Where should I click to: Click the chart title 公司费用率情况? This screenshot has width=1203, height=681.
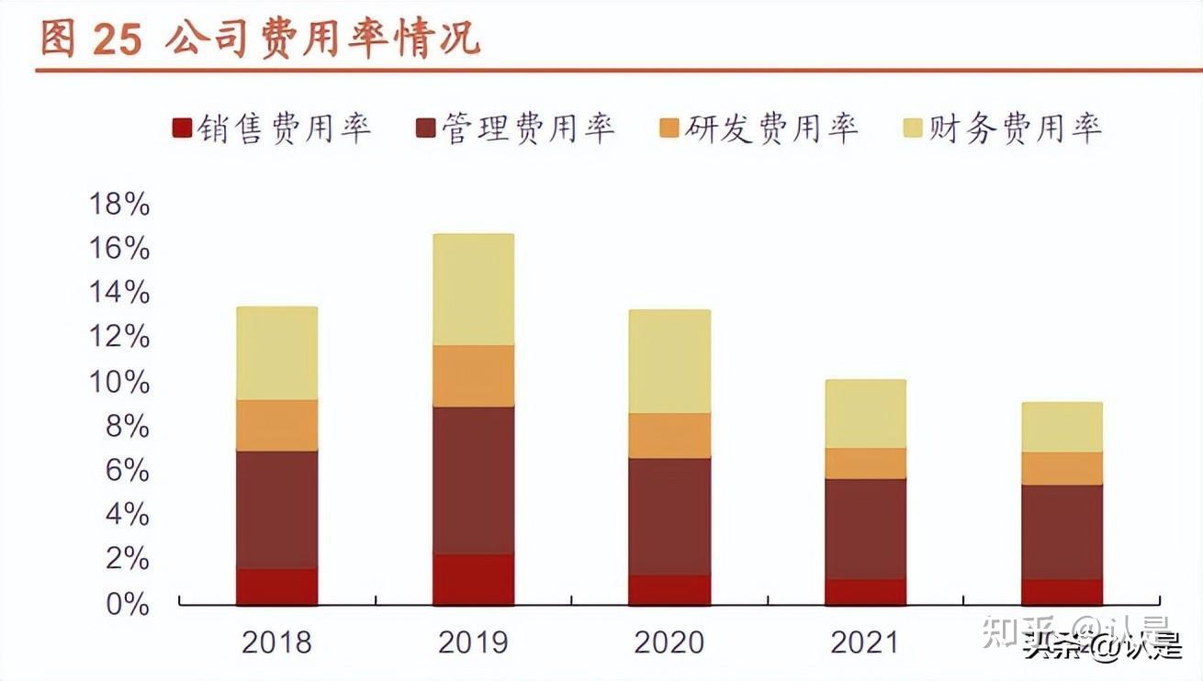pos(323,40)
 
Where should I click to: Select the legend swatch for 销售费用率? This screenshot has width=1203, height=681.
pos(182,128)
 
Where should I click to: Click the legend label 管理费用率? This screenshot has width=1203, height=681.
pos(527,128)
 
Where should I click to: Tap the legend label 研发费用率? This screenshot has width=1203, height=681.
pos(770,128)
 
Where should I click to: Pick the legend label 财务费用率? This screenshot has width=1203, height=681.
pos(1014,128)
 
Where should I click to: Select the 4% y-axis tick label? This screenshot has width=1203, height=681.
pos(126,515)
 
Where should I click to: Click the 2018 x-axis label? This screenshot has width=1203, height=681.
pos(276,642)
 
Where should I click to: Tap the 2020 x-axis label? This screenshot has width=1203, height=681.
pos(669,642)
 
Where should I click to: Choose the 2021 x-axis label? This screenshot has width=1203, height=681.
pos(865,642)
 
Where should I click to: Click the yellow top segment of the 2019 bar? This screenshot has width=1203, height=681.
pos(473,289)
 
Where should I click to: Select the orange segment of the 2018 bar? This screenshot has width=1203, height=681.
pos(276,425)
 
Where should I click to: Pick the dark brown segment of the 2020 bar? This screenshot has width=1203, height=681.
pos(669,516)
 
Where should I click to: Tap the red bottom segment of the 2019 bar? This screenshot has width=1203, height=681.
pos(473,579)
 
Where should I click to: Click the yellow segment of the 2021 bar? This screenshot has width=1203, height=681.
pos(865,414)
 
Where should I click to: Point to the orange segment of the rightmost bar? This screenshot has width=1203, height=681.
pos(1062,468)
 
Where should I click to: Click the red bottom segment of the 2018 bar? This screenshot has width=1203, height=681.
pos(276,586)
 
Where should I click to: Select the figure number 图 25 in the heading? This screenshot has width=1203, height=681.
pos(91,40)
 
